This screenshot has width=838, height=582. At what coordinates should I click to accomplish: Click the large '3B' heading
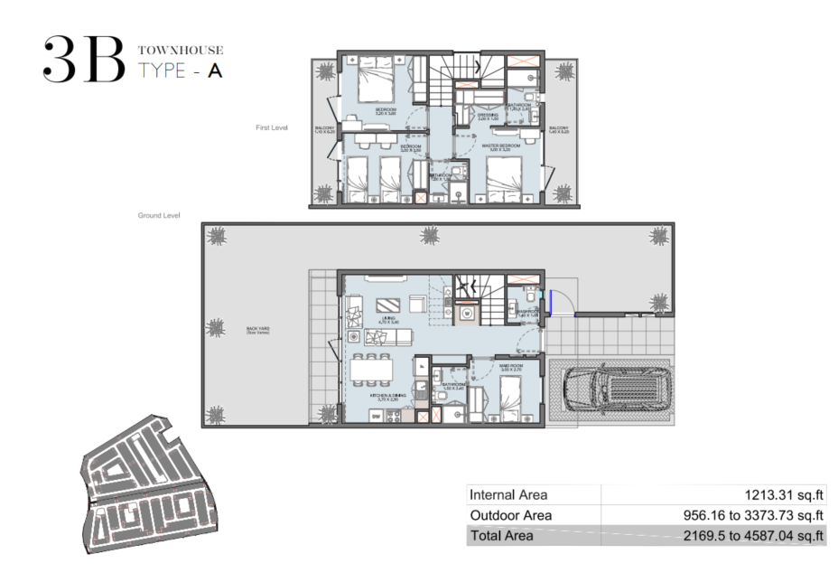(82, 61)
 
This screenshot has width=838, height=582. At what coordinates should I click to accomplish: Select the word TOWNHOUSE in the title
(180, 51)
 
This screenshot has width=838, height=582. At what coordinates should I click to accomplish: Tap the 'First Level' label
(271, 128)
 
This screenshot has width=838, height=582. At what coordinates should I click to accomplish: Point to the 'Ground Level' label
(159, 216)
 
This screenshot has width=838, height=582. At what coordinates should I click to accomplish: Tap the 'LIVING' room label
(389, 318)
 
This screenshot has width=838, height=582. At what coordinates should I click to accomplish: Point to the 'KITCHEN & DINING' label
(386, 396)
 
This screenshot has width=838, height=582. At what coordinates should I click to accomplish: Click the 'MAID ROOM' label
(512, 366)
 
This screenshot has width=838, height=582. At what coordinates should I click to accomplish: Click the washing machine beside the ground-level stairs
(467, 312)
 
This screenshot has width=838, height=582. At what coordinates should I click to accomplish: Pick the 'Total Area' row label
(501, 536)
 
